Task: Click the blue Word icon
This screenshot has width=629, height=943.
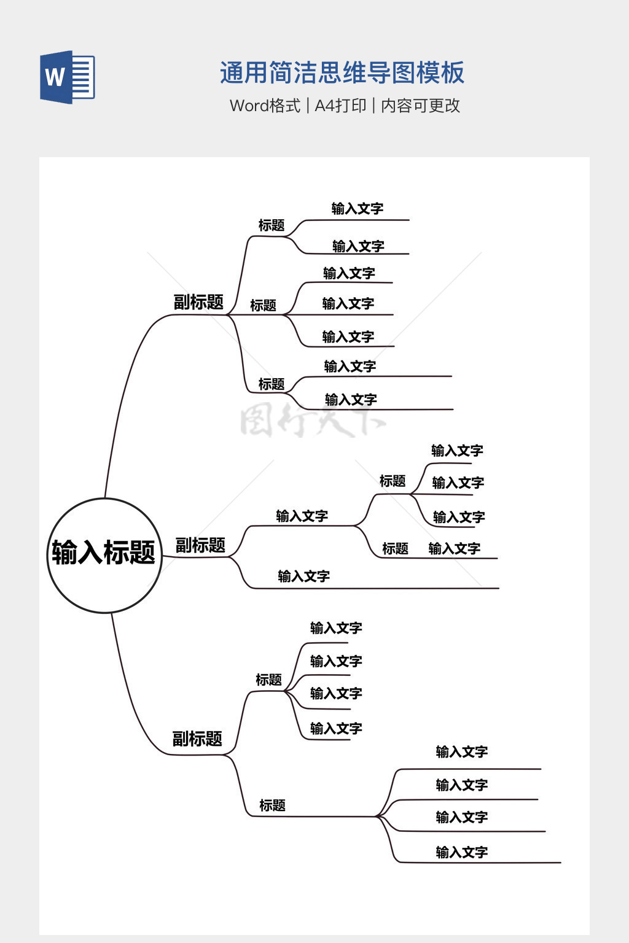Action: tap(67, 77)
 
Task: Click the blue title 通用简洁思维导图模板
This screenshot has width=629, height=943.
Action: tap(342, 73)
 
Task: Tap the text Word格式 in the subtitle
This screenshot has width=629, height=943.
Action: tap(265, 106)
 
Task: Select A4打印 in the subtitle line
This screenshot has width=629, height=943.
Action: tap(340, 106)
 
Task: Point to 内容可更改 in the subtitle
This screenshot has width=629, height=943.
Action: tap(420, 106)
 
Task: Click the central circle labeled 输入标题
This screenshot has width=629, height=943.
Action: tap(104, 555)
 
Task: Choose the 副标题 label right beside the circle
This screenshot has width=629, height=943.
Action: tap(200, 545)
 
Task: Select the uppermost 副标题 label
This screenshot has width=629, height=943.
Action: tap(198, 302)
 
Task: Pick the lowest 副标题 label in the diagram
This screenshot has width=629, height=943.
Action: tap(197, 739)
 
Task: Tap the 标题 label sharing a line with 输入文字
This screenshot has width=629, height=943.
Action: tap(395, 549)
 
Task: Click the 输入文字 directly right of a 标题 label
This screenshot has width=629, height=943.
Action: tap(454, 549)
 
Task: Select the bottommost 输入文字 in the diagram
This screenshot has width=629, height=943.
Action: tap(461, 852)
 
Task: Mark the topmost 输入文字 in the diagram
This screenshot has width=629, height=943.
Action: tap(357, 209)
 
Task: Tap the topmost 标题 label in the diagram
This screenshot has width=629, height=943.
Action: tap(272, 225)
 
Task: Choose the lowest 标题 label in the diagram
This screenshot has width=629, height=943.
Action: tap(272, 805)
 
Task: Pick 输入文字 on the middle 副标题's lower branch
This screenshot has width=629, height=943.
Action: tap(303, 576)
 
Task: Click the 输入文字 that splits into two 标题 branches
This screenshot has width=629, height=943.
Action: tap(302, 516)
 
